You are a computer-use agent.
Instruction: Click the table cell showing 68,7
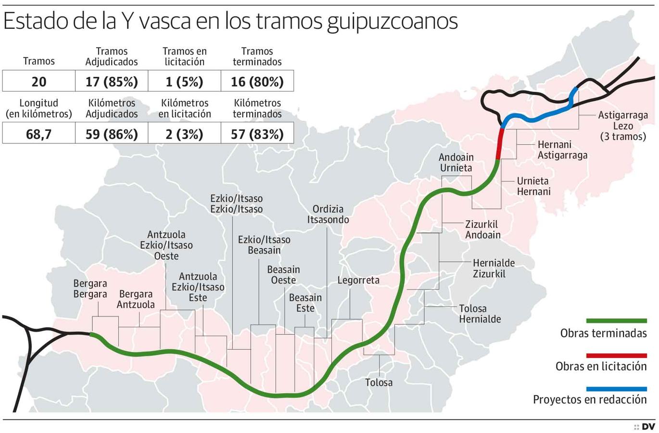click(x=38, y=133)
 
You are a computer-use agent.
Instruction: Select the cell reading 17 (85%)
click(x=112, y=81)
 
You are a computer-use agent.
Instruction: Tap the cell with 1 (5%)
click(x=184, y=81)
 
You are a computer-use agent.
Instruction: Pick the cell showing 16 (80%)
click(x=257, y=81)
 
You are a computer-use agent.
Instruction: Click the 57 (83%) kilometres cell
click(x=257, y=133)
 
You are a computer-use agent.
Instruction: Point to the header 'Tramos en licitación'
click(x=184, y=56)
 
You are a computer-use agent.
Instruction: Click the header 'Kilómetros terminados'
click(x=257, y=108)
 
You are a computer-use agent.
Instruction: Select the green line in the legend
click(x=616, y=320)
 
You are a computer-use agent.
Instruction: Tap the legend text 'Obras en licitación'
click(x=601, y=366)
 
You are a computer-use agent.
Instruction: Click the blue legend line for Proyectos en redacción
click(x=616, y=389)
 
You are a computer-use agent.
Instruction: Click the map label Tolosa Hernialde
click(x=480, y=314)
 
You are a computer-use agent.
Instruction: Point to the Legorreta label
click(x=358, y=280)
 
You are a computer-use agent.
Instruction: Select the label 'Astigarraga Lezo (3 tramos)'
click(x=623, y=126)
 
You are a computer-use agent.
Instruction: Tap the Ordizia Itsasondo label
click(x=328, y=214)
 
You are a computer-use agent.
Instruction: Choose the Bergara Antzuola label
click(x=136, y=299)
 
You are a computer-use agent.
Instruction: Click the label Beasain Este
click(x=305, y=303)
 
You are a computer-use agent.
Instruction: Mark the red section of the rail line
click(x=500, y=143)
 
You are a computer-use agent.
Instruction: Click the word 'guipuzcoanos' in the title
click(x=392, y=21)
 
